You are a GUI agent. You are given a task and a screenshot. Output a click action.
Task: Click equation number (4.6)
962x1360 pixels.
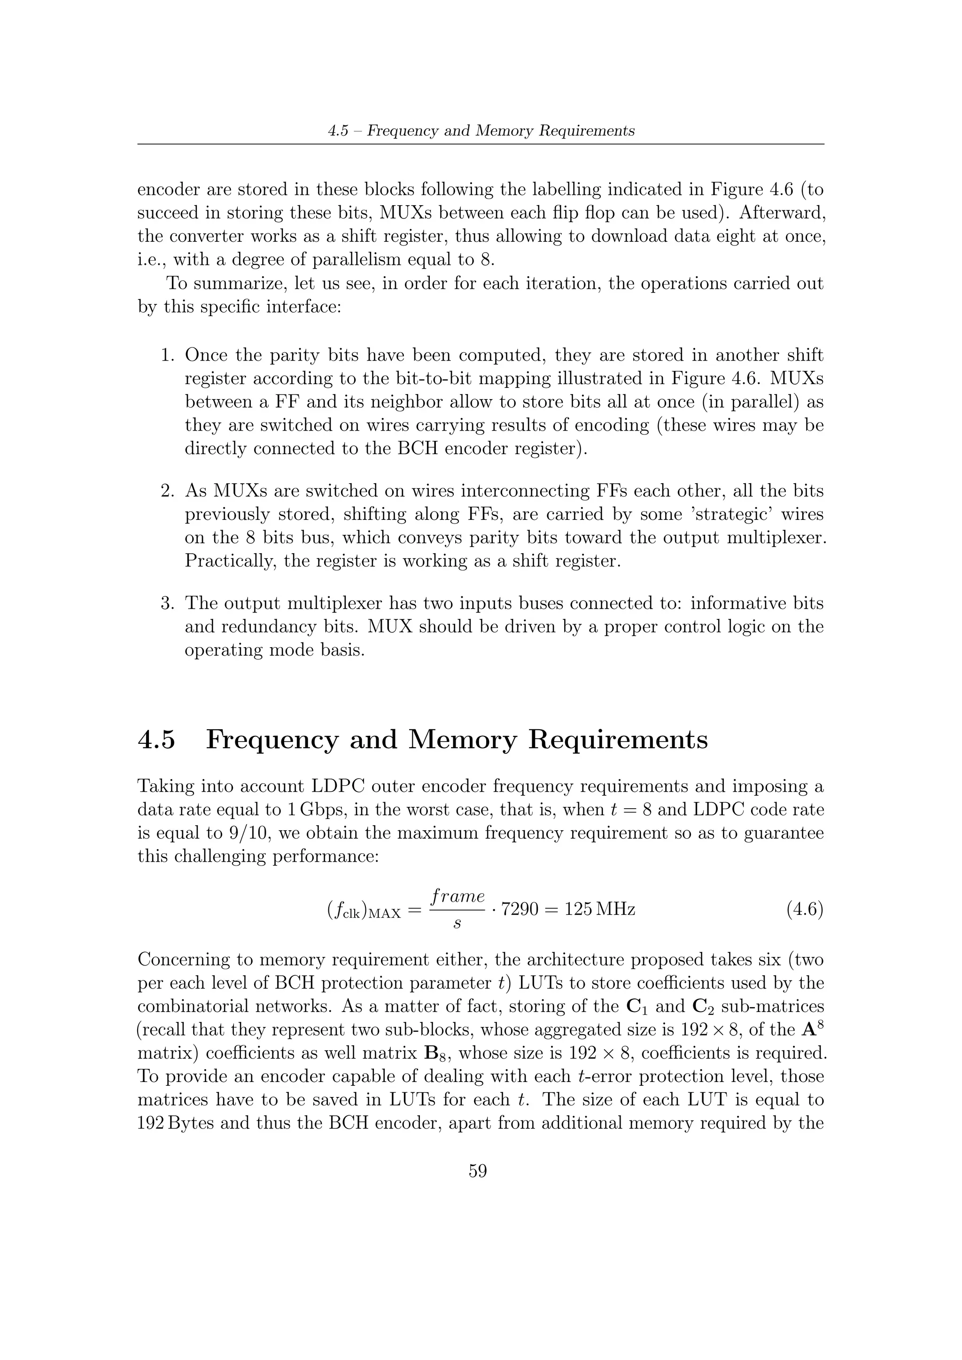point(805,909)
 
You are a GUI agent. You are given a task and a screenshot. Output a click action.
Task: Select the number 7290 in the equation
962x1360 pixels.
point(520,909)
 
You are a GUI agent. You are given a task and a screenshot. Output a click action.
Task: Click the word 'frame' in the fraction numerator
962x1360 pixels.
point(458,896)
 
